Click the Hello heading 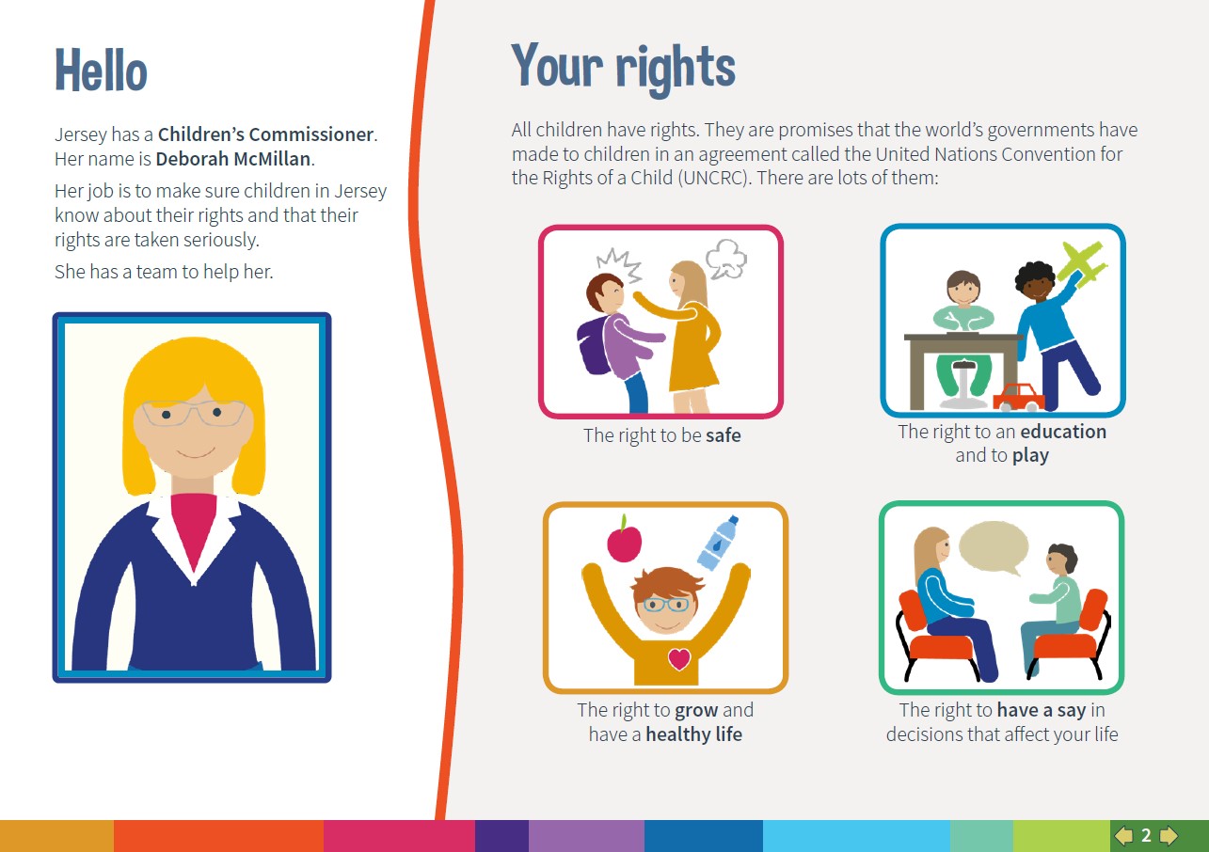[x=101, y=71]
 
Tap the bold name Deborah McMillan [x=233, y=159]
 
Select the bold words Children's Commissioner [x=265, y=134]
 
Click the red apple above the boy [x=625, y=539]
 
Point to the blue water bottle [x=717, y=543]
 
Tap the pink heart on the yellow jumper [x=679, y=659]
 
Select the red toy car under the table [x=1019, y=397]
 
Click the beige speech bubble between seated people [x=994, y=547]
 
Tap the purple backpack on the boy [x=594, y=345]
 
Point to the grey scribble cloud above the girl [x=726, y=259]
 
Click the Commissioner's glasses [x=193, y=413]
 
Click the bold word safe [x=724, y=435]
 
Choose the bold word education [x=1063, y=432]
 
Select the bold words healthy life [x=694, y=734]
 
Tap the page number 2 [x=1146, y=835]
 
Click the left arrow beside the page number [x=1123, y=835]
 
